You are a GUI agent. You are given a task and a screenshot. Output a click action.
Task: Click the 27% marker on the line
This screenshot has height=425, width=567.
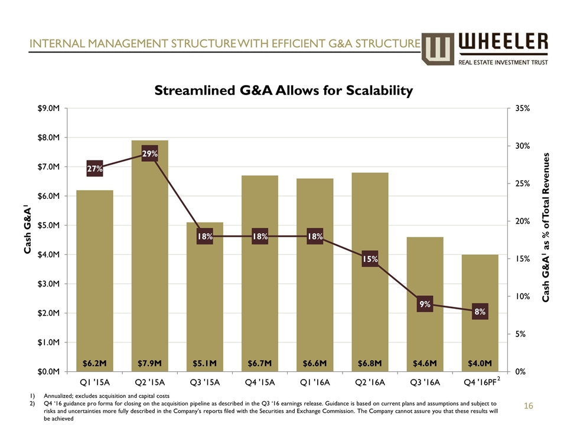click(94, 168)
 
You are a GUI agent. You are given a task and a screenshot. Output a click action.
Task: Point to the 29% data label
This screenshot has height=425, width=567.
click(149, 154)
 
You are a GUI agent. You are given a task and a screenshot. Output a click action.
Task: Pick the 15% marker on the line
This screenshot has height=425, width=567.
click(370, 259)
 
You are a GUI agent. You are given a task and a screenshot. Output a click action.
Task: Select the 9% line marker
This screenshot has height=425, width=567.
click(425, 304)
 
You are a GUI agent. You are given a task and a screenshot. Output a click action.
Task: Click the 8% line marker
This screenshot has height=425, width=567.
click(479, 311)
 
